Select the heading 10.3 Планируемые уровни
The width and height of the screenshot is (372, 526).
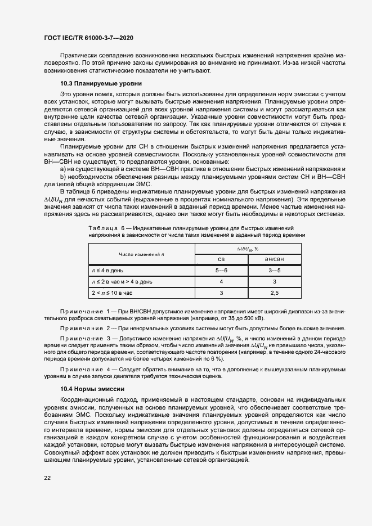pos(93,83)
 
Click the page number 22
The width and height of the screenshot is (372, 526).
pos(48,477)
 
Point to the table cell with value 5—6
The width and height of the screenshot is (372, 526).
pos(221,270)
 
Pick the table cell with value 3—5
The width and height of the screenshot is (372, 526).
pos(274,270)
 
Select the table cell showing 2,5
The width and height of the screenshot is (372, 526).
pos(274,293)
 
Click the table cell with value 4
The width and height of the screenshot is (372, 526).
pos(221,281)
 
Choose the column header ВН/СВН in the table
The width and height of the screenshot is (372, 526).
pos(274,259)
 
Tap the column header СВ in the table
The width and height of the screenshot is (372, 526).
pos(221,259)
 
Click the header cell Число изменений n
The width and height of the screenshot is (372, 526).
pos(141,254)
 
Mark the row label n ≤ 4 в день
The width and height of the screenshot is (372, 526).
pos(107,270)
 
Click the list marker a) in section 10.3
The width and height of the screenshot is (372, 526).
pos(63,169)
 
